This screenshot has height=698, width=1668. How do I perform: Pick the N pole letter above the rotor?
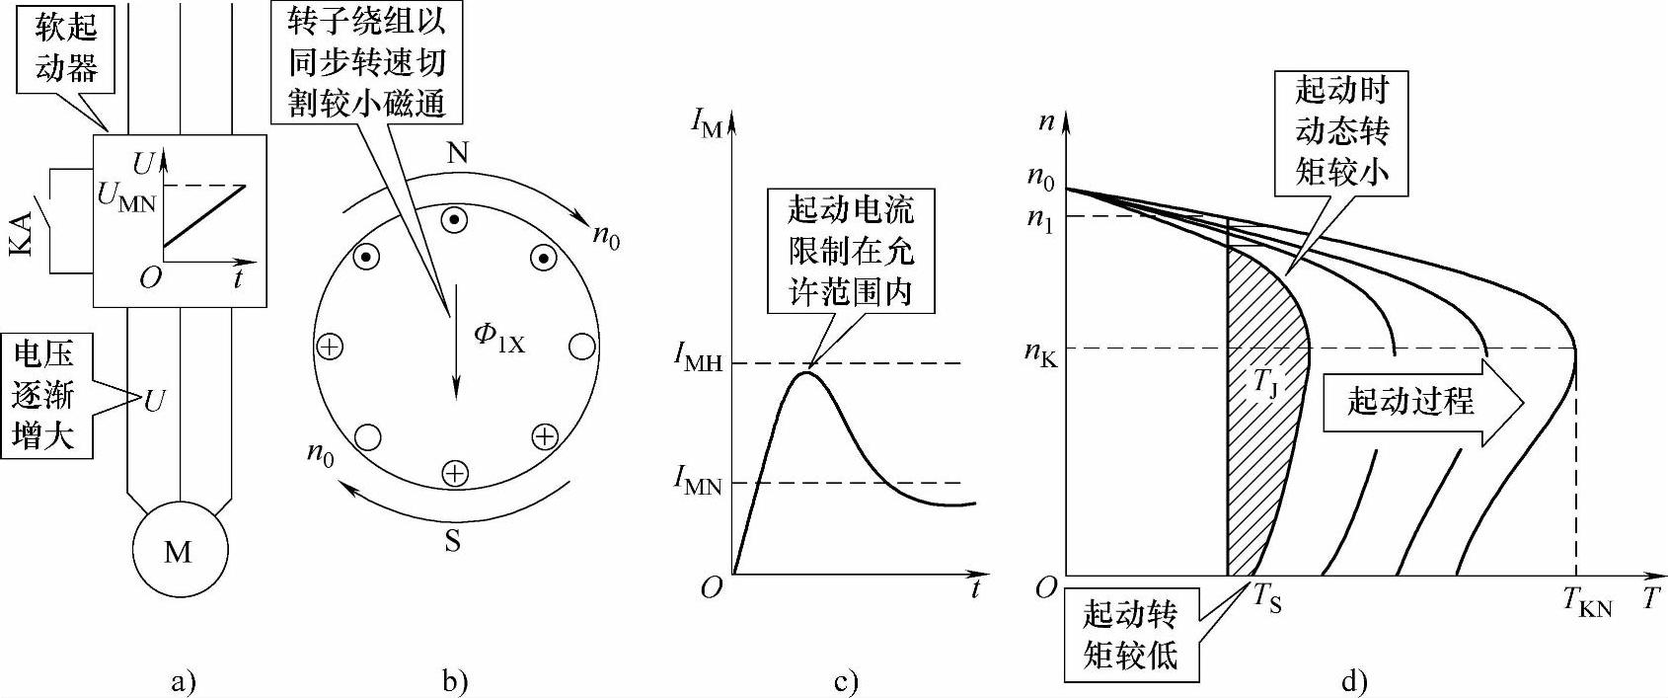(456, 154)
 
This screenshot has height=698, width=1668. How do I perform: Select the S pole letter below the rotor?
(452, 541)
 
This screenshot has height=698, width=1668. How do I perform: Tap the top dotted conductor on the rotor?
(454, 220)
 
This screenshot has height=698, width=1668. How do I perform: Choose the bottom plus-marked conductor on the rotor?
(453, 475)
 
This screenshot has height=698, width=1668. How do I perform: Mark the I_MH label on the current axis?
(698, 362)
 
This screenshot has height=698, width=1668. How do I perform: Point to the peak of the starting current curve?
(808, 372)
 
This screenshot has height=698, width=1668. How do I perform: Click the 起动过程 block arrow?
(1422, 402)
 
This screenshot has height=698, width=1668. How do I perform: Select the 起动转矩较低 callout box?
(1130, 634)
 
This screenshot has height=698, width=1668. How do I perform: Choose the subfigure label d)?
(1354, 681)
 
